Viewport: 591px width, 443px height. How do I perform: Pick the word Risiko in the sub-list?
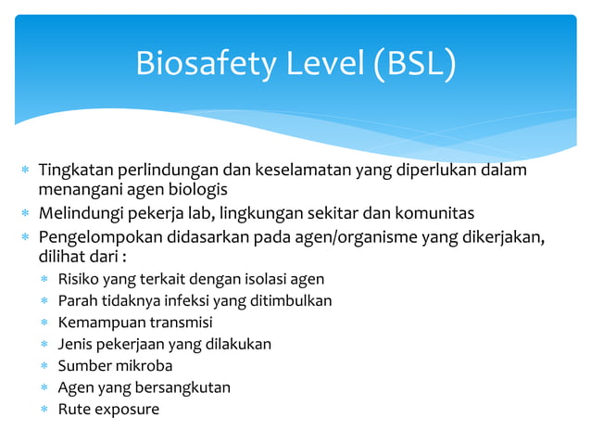(77, 279)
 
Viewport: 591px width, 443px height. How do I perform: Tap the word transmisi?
(182, 323)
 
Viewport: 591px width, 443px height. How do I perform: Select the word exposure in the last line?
(126, 409)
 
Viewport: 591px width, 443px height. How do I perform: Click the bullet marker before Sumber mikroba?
(44, 366)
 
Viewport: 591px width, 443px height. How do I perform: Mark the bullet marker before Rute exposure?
(44, 410)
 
